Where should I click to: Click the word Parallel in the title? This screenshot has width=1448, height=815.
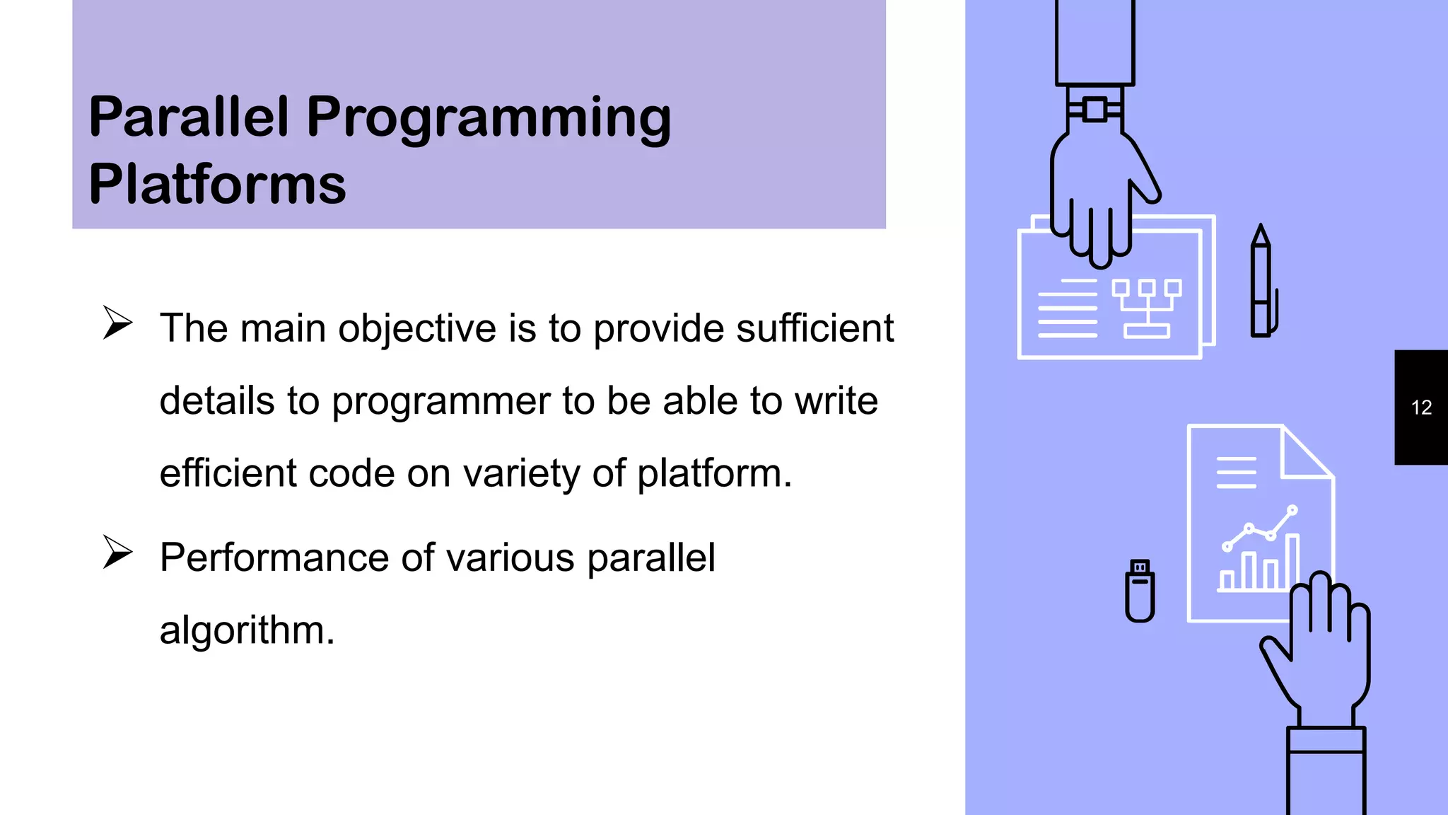[x=189, y=117]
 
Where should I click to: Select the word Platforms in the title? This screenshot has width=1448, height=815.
[x=217, y=184]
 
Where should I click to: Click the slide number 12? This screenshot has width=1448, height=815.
[x=1421, y=407]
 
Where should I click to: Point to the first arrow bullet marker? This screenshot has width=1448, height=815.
[x=117, y=323]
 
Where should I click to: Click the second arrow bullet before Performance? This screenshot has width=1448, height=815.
[x=117, y=553]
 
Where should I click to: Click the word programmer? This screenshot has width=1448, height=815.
[x=440, y=402]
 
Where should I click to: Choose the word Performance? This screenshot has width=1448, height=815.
[x=274, y=557]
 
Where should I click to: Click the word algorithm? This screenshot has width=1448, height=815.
[x=246, y=630]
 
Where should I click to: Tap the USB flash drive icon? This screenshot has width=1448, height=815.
[x=1140, y=591]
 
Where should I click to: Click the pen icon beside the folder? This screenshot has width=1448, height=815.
[x=1262, y=283]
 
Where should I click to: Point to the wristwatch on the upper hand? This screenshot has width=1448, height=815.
[x=1094, y=110]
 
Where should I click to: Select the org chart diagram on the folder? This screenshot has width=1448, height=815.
[x=1147, y=308]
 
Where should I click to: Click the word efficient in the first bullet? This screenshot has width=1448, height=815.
[x=228, y=474]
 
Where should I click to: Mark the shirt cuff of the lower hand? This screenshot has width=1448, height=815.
[x=1326, y=740]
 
